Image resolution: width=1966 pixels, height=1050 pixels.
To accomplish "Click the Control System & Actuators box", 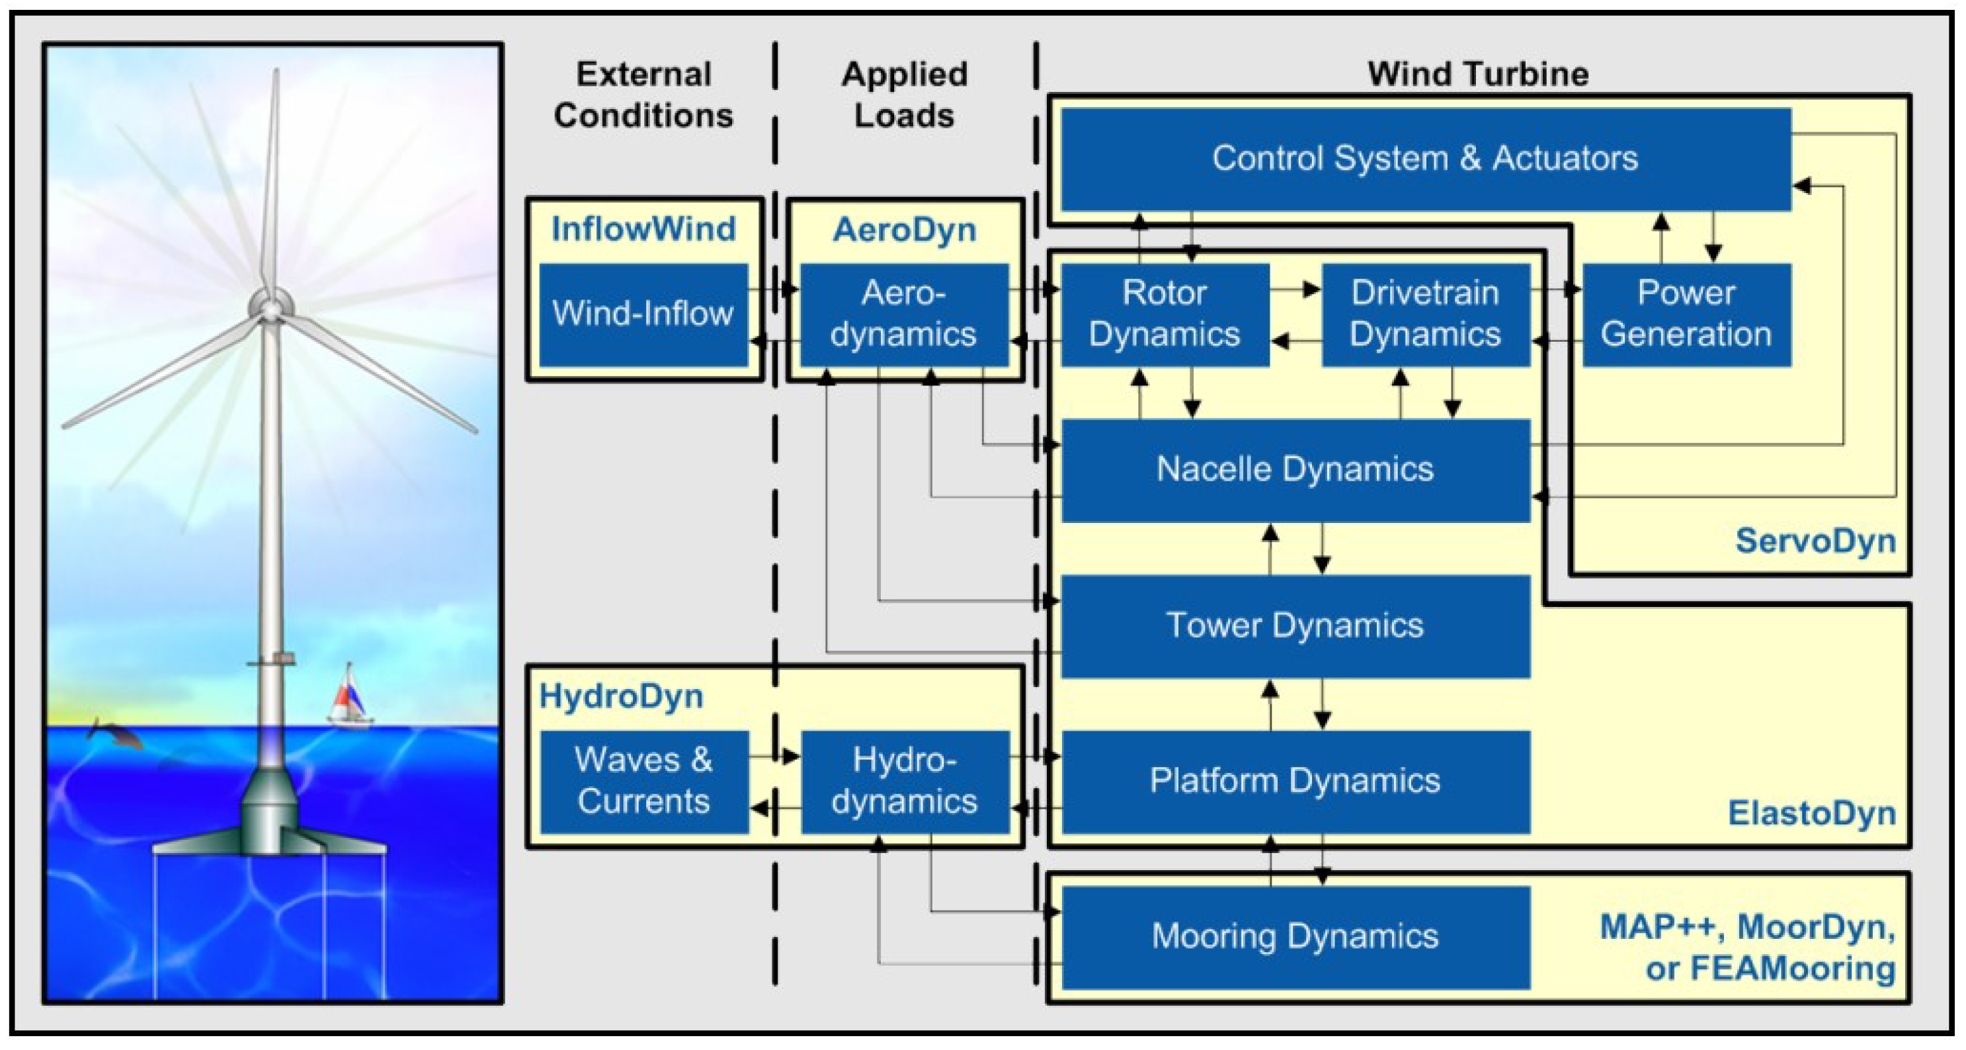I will pos(1425,159).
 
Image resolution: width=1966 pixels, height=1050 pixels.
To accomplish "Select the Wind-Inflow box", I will pos(643,313).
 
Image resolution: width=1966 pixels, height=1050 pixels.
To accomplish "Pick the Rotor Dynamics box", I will pos(1165,313).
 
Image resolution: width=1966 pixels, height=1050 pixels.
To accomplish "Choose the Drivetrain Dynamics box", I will pos(1425,313).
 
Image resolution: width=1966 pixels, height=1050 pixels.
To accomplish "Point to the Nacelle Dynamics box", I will pos(1295,469).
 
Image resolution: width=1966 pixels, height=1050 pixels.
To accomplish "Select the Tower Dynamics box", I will pos(1295,626).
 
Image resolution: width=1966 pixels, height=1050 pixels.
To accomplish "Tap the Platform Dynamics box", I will pos(1295,781).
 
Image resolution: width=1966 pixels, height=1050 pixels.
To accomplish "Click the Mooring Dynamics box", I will pos(1295,936).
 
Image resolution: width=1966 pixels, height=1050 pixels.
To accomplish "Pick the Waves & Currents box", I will pos(644,781).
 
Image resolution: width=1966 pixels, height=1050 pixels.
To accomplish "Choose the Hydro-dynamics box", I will pos(905,781).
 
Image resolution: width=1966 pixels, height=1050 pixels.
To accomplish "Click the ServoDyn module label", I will pos(1815,541).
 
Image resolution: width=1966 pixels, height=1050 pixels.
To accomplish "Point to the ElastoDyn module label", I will pos(1812,813).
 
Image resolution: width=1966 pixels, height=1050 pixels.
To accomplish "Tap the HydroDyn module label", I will pos(621,697).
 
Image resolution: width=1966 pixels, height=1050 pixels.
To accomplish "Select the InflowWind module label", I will pos(643,229).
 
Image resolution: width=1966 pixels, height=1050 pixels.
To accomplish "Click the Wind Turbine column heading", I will pos(1477,74).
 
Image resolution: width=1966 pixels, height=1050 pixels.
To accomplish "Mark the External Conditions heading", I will pos(643,95).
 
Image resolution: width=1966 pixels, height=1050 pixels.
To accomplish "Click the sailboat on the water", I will pos(350,696).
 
